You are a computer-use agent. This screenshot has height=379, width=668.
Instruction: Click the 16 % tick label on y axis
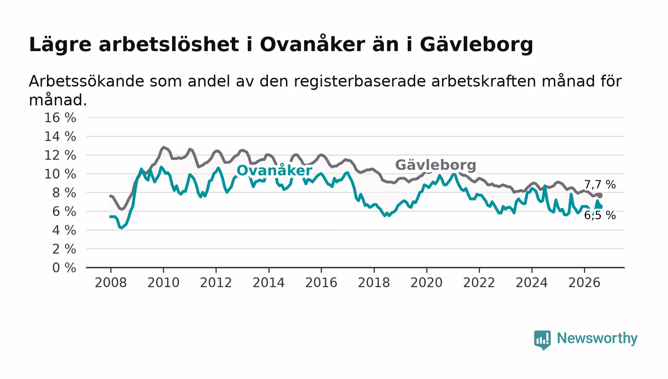(x=60, y=117)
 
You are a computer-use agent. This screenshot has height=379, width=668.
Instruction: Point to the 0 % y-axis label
(x=64, y=268)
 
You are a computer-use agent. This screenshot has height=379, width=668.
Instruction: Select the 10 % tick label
(x=60, y=174)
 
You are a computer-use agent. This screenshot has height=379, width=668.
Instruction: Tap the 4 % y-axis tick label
(x=64, y=230)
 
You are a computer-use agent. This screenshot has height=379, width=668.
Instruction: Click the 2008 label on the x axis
(x=111, y=283)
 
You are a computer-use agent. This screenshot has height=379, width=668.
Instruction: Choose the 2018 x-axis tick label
(x=374, y=283)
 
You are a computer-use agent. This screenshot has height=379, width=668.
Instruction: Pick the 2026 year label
(x=584, y=283)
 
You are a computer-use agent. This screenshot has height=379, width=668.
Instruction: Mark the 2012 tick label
(x=216, y=283)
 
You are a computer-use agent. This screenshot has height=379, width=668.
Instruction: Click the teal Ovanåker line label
(x=274, y=170)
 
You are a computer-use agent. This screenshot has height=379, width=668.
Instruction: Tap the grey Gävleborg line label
(x=436, y=165)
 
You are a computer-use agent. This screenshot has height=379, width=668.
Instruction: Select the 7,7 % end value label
(x=600, y=185)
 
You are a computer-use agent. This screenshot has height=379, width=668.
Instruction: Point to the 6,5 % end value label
(x=600, y=215)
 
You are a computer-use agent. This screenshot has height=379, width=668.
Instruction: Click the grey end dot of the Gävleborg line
(x=600, y=196)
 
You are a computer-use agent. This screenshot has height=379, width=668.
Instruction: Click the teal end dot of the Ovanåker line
(x=600, y=207)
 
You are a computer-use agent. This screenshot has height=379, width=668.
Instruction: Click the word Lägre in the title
(x=60, y=45)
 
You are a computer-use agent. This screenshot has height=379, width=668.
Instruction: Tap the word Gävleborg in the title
(x=476, y=45)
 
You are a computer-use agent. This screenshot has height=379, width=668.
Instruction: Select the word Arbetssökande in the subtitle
(x=86, y=81)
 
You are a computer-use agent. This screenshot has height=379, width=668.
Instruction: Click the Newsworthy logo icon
(x=542, y=339)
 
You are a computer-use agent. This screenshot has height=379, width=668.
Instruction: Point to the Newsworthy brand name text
(x=597, y=338)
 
